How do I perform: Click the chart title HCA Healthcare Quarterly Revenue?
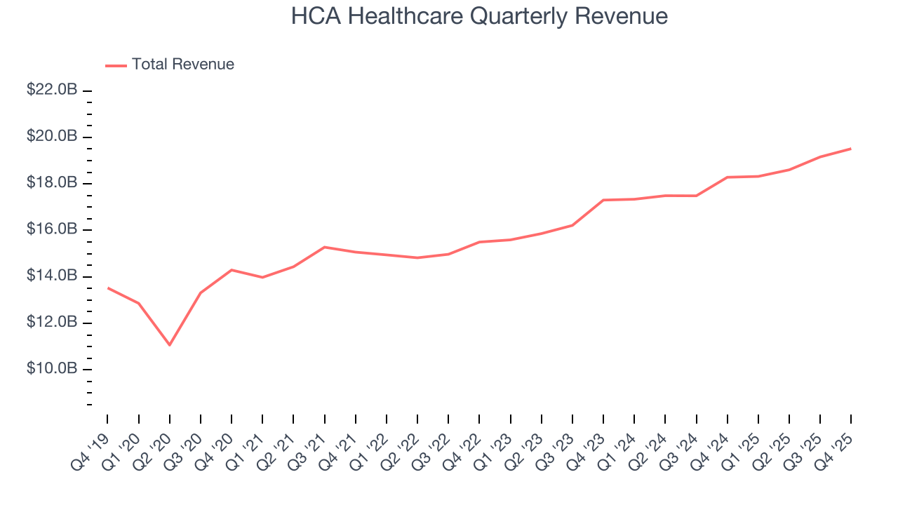(x=479, y=16)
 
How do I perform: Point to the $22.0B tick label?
(x=52, y=90)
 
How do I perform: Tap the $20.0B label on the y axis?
(x=52, y=137)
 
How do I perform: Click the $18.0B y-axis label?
(x=52, y=183)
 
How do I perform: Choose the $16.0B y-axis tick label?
(x=52, y=230)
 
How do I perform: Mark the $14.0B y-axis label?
(x=52, y=276)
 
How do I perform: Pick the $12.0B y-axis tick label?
(x=52, y=323)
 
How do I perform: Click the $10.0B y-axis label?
(x=52, y=369)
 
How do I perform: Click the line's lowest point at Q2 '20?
(x=169, y=345)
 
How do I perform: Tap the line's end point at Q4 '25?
(x=851, y=148)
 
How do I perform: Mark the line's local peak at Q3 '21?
(x=324, y=247)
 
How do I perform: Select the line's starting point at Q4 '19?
(x=107, y=288)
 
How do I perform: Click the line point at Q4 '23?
(x=603, y=200)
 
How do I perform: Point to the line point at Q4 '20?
(x=232, y=269)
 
